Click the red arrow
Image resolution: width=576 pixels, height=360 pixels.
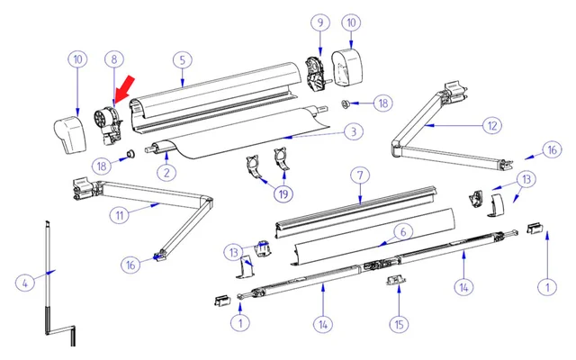[x=124, y=90]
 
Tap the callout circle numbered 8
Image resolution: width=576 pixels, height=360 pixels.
[x=114, y=59]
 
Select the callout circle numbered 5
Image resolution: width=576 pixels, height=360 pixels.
[x=183, y=59]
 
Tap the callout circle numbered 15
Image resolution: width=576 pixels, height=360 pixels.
[x=397, y=323]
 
